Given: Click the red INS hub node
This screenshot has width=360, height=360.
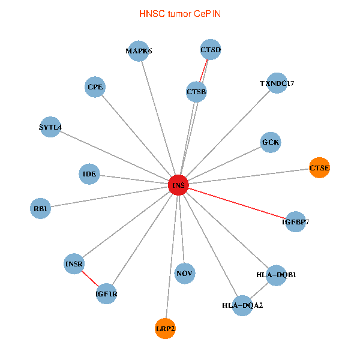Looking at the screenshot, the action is click(x=179, y=185).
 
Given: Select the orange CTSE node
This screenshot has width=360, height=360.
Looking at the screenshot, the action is click(x=319, y=167).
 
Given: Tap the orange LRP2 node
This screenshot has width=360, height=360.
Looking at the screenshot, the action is click(x=165, y=328).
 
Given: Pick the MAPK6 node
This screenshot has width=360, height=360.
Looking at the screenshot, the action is click(x=139, y=51).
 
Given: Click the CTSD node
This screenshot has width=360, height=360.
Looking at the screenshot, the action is click(x=211, y=50).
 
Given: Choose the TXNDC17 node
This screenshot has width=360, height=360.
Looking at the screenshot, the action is click(x=277, y=83).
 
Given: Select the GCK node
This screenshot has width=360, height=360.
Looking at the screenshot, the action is click(x=271, y=142).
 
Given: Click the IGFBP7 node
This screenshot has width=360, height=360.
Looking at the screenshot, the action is click(x=295, y=221).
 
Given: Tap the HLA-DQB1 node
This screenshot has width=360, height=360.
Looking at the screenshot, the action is click(x=276, y=275).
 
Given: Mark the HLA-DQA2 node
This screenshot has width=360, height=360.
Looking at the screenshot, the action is click(x=242, y=305).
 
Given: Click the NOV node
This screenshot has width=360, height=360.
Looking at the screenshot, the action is click(x=185, y=274).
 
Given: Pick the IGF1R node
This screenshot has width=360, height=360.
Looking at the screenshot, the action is click(x=106, y=294).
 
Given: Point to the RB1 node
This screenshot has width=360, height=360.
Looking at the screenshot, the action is click(x=40, y=209).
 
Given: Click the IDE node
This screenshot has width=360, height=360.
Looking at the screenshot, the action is click(x=89, y=174).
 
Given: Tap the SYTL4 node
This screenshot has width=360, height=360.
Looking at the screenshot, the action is click(x=50, y=127).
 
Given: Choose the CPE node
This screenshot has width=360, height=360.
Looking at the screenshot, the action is click(x=95, y=87).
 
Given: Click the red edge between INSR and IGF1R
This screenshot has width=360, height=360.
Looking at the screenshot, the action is click(x=90, y=279).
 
